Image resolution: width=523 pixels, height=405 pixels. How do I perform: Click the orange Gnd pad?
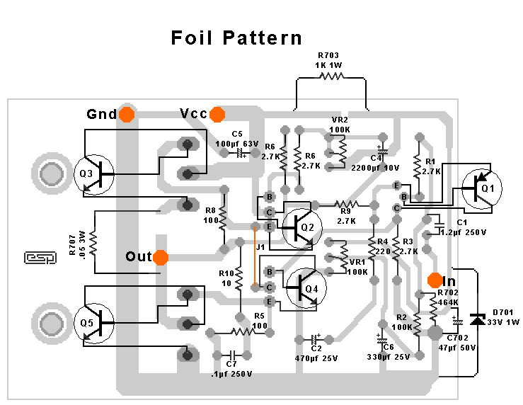(127, 114)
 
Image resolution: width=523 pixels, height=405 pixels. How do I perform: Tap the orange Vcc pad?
(217, 114)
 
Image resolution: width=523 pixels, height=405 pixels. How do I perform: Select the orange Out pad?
(161, 256)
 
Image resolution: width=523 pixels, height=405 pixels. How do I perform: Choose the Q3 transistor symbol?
(94, 173)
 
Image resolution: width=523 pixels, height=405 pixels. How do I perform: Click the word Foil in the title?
(193, 38)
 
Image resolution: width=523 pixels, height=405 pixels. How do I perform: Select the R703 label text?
(330, 55)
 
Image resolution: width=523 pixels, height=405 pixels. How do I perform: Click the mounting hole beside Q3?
(50, 173)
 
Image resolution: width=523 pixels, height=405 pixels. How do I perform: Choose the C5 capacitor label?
(237, 133)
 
